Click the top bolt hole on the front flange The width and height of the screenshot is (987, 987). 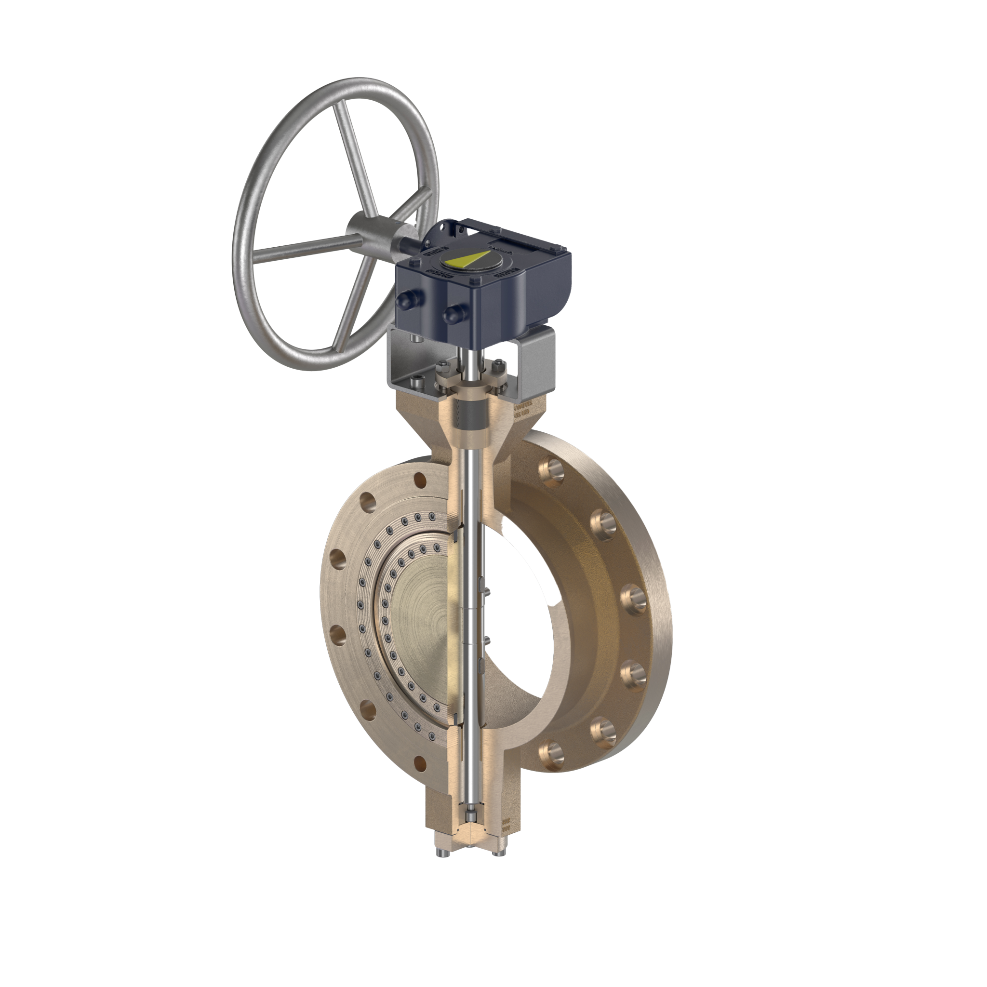(420, 480)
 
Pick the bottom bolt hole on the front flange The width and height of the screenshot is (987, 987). (420, 763)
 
